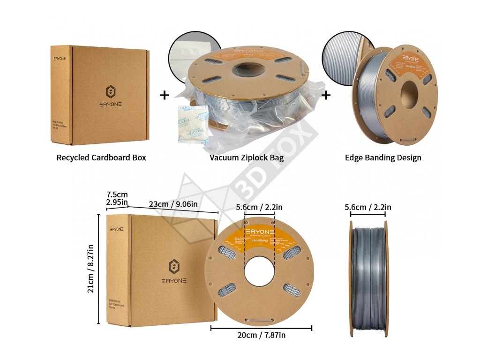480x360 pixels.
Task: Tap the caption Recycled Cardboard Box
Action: (101, 157)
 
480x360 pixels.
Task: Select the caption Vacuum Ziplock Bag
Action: (247, 157)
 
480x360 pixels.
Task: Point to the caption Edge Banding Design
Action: (383, 157)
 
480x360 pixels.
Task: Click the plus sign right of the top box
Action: (164, 95)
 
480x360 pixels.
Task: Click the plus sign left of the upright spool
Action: (326, 95)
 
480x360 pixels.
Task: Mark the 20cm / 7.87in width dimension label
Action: (262, 335)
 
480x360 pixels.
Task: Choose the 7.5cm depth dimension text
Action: (117, 195)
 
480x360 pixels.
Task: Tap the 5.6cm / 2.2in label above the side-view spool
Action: (368, 207)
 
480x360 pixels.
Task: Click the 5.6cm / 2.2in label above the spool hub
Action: (259, 207)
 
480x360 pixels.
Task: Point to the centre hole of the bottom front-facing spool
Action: (259, 272)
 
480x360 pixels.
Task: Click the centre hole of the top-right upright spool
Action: (409, 92)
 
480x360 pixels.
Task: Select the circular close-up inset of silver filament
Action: (341, 59)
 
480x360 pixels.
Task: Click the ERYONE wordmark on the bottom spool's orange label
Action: (259, 233)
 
